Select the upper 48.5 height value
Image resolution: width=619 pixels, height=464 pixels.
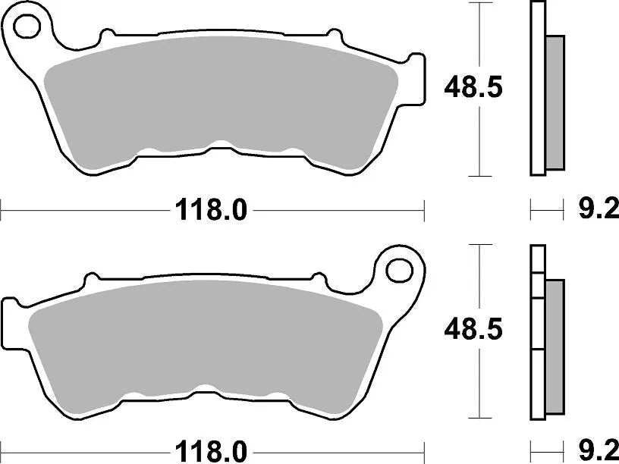pyautogui.click(x=473, y=89)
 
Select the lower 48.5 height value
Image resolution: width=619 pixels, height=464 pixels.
pyautogui.click(x=473, y=331)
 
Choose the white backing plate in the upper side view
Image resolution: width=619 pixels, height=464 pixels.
pyautogui.click(x=538, y=89)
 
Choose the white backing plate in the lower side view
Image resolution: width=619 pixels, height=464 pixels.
pyautogui.click(x=538, y=334)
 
